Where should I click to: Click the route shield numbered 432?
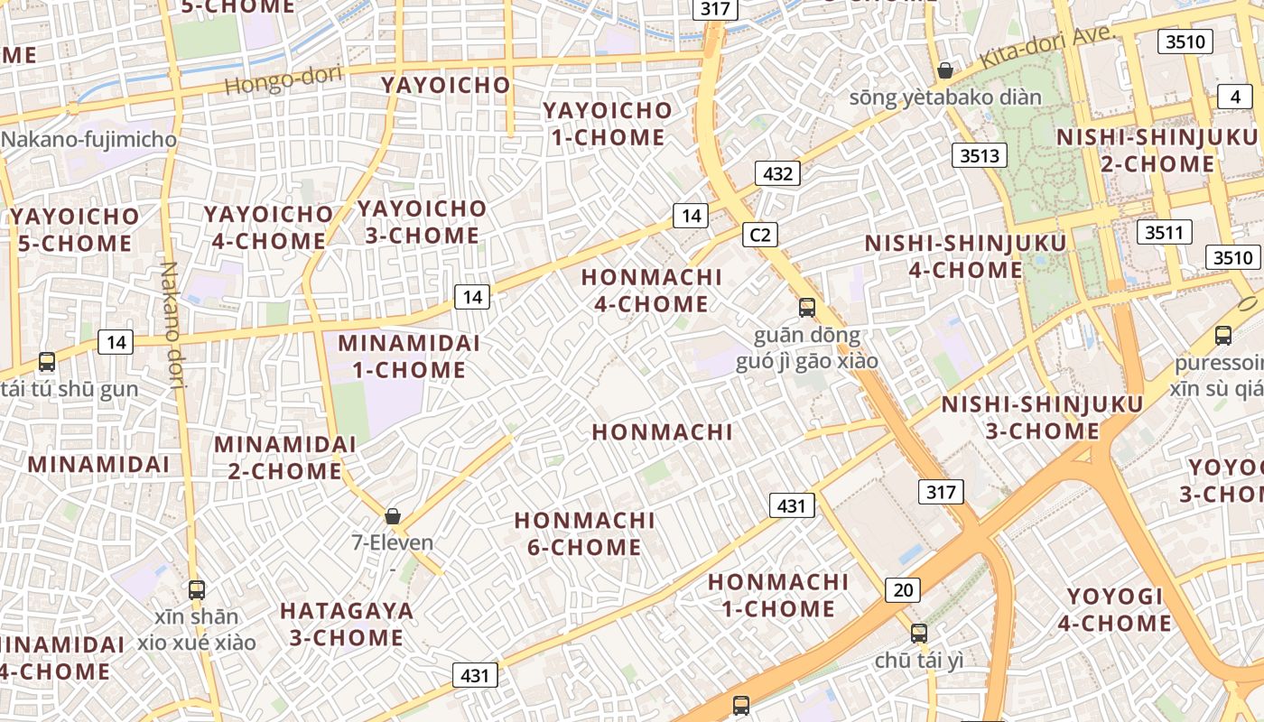pyautogui.click(x=777, y=173)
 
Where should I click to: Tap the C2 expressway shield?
pyautogui.click(x=760, y=235)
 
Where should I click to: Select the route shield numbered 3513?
pyautogui.click(x=980, y=155)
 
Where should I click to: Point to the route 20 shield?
pyautogui.click(x=902, y=590)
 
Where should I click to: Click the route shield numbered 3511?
pyautogui.click(x=1164, y=232)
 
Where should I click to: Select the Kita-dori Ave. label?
pyautogui.click(x=1047, y=47)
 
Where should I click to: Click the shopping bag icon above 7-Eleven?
pyautogui.click(x=393, y=516)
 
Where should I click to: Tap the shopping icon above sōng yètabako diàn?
pyautogui.click(x=945, y=70)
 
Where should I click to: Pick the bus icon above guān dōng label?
pyautogui.click(x=807, y=308)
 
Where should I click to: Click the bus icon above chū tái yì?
pyautogui.click(x=919, y=634)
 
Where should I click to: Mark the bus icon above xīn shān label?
pyautogui.click(x=197, y=590)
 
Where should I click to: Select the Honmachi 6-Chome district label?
pyautogui.click(x=584, y=533)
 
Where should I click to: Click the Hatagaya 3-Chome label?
pyautogui.click(x=347, y=624)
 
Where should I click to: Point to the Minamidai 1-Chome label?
pyautogui.click(x=409, y=356)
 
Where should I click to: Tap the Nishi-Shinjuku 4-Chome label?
pyautogui.click(x=965, y=256)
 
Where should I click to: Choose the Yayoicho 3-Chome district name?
pyautogui.click(x=422, y=222)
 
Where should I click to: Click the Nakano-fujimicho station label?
pyautogui.click(x=88, y=139)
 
